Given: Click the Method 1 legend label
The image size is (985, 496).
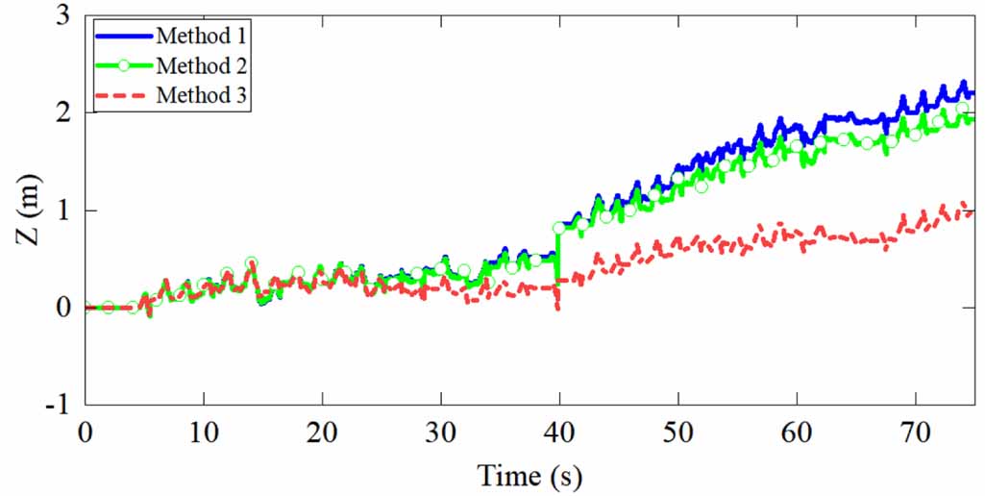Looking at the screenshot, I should click(x=201, y=36).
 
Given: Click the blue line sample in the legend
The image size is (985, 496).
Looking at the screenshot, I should click(x=123, y=36).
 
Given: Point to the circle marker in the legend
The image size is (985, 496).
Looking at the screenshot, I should click(x=123, y=65).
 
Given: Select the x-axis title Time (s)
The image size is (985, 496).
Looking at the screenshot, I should click(x=530, y=474).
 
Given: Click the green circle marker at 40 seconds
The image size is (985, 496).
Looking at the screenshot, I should click(x=559, y=229).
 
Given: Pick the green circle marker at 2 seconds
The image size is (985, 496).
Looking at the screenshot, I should click(x=109, y=308).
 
